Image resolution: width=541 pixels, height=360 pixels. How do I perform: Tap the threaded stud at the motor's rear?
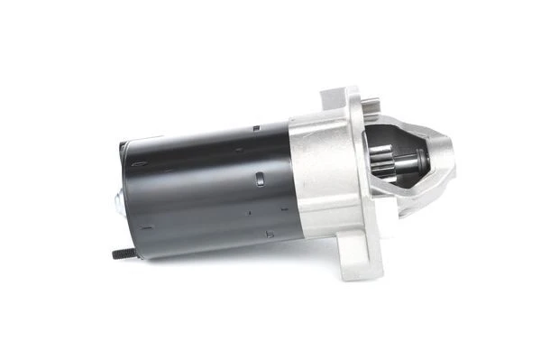tap(124, 254)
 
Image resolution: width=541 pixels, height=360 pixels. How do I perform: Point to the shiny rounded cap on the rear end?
tap(118, 203)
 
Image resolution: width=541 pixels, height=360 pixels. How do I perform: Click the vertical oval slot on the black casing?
tap(259, 176)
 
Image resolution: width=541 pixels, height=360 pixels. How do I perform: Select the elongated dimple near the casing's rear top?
tap(141, 164)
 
